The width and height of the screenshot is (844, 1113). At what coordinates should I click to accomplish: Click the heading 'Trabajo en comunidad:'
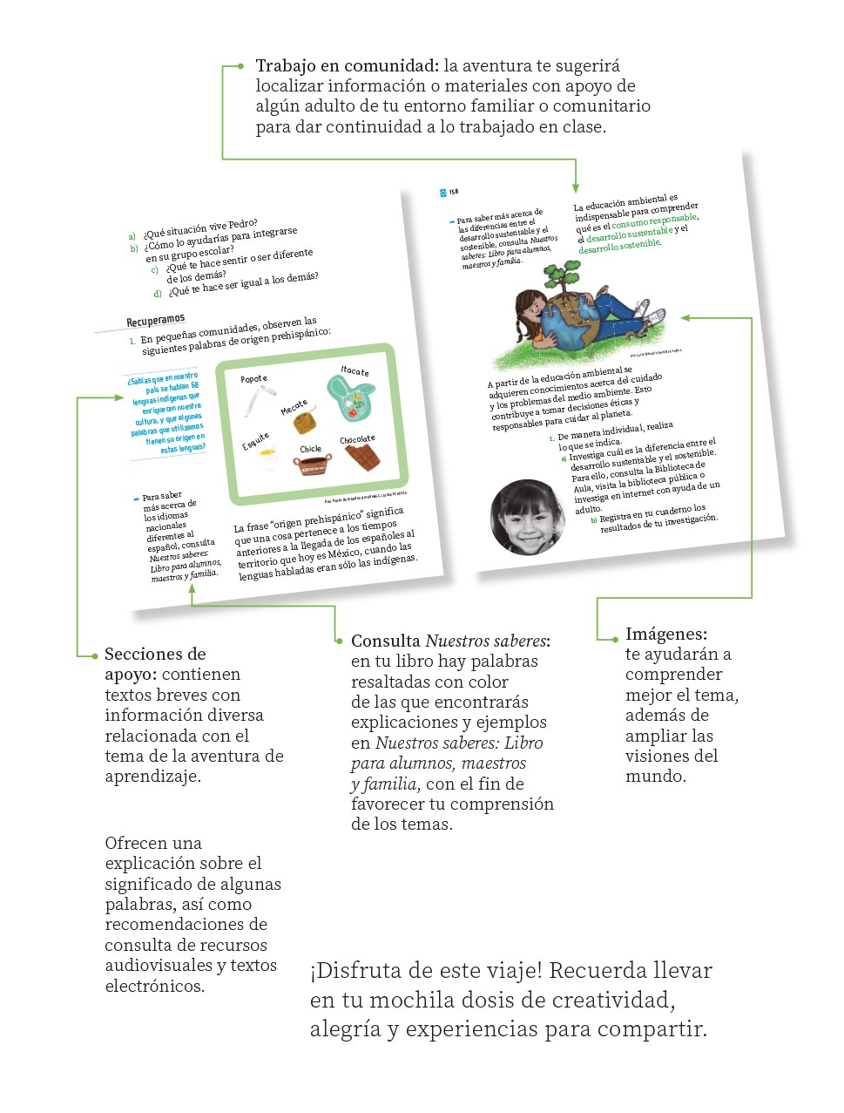point(347,65)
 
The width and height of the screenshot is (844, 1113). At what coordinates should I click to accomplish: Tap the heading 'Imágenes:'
point(665,634)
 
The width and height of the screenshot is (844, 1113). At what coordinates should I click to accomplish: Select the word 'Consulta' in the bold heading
point(385,641)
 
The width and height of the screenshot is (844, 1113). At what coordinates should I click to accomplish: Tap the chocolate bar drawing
point(366,458)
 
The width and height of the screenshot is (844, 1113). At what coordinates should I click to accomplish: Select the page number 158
point(453,192)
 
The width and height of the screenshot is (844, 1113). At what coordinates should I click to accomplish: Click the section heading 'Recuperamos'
point(156,320)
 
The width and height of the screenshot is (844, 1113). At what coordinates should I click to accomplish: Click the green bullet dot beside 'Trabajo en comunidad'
point(240,66)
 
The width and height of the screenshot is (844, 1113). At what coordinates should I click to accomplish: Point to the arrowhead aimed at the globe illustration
point(685,318)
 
